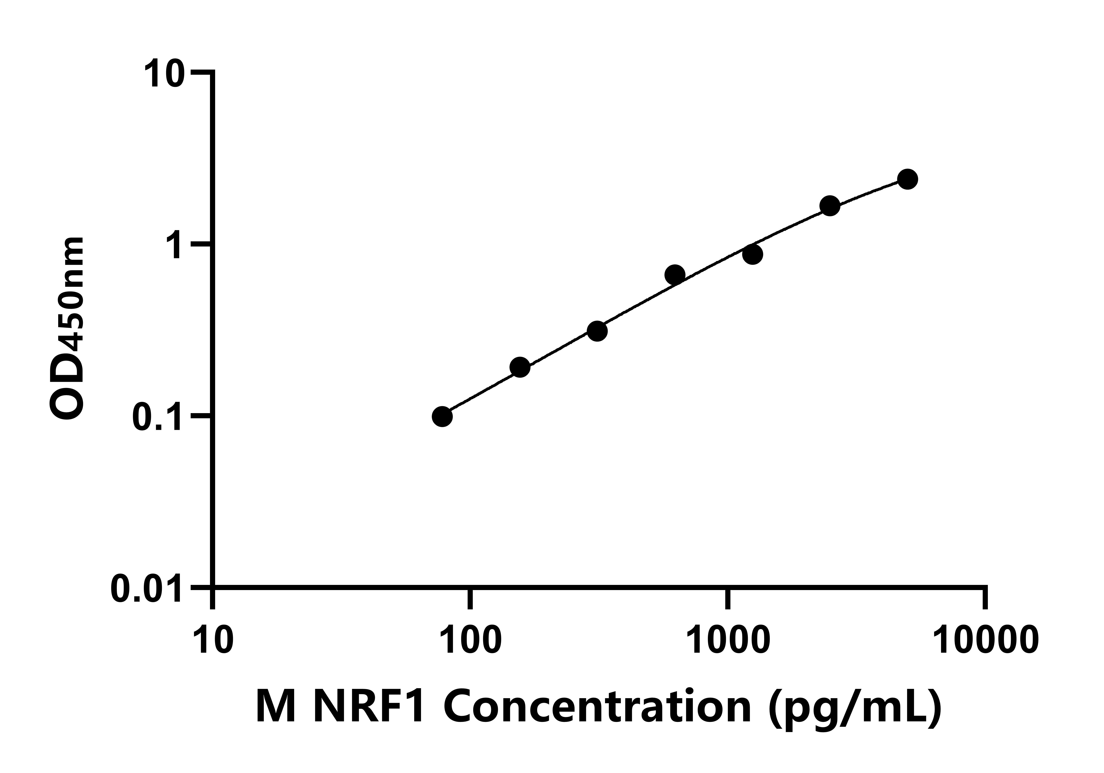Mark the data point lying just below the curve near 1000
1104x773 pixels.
coord(753,254)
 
